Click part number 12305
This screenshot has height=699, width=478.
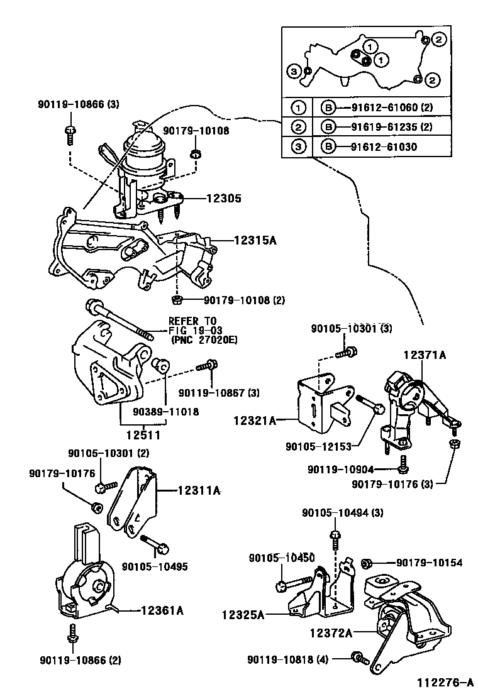(x=225, y=198)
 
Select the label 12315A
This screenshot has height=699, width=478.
(x=256, y=239)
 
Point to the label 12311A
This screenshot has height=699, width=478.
(x=199, y=492)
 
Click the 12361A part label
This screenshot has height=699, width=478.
(x=162, y=609)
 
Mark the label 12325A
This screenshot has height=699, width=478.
(x=243, y=614)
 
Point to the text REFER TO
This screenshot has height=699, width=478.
(x=192, y=321)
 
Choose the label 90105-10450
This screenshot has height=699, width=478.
(x=282, y=558)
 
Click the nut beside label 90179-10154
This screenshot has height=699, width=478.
(x=369, y=562)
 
